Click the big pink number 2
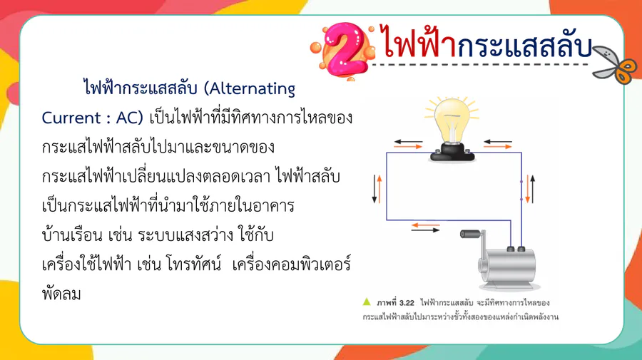(345, 49)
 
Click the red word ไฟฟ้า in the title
(419, 41)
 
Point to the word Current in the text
(71, 118)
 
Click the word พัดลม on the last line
(61, 293)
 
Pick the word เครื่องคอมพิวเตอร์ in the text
(291, 264)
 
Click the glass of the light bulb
(452, 119)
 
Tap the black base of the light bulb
(452, 152)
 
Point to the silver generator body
(508, 265)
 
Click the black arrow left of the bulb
(408, 142)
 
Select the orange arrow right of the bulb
(497, 146)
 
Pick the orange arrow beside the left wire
(379, 189)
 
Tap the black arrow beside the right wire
(533, 189)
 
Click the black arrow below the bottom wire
(425, 230)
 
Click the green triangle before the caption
(367, 302)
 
